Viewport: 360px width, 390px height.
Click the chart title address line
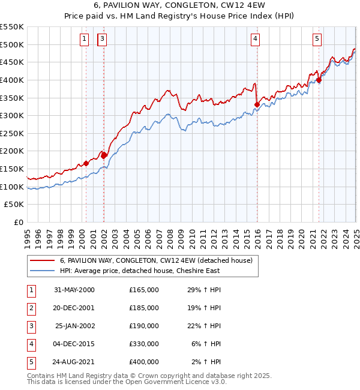(179, 5)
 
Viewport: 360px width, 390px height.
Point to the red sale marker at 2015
(257, 104)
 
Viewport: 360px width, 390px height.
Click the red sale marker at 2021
(319, 79)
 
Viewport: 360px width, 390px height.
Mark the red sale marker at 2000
(86, 163)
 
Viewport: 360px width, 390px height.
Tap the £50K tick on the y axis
(14, 205)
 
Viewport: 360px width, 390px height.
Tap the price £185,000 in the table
(144, 308)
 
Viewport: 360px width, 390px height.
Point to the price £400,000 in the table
(144, 362)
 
